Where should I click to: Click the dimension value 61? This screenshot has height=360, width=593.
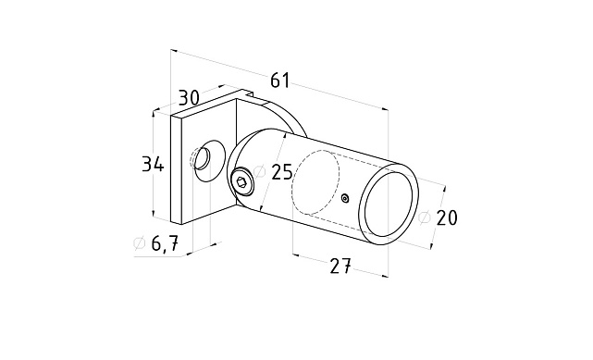pos(280,81)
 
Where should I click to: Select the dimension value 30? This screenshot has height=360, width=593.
pos(189,97)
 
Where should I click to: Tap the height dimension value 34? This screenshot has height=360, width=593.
pos(153,165)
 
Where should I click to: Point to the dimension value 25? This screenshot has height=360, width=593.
pos(282,172)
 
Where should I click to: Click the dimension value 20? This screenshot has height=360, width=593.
pos(447,217)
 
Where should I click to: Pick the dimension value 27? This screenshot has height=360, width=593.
pos(340,267)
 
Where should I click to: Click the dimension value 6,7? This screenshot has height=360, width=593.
pos(165,243)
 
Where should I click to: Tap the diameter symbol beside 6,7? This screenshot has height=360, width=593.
pos(140,243)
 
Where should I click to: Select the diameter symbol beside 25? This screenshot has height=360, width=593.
pos(259,172)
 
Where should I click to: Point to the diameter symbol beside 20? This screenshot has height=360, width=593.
pos(425,217)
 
